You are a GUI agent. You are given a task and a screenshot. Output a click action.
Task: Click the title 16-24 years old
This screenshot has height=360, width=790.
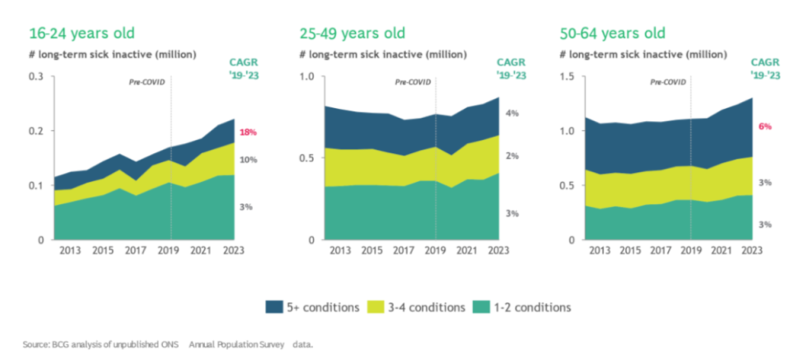[x=82, y=34]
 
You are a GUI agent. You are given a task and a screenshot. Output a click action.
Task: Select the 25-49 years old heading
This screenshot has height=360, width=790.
[x=352, y=34]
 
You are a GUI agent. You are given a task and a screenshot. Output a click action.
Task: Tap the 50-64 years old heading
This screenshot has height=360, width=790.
[x=613, y=34]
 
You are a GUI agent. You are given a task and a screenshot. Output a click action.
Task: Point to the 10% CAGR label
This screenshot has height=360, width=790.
[x=246, y=160]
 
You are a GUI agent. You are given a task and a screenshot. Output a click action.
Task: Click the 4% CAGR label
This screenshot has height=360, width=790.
[x=512, y=113]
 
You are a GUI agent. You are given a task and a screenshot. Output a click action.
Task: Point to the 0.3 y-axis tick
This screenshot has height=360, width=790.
[x=36, y=77]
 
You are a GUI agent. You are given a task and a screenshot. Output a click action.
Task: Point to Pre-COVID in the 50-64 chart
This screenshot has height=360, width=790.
[x=668, y=82]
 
